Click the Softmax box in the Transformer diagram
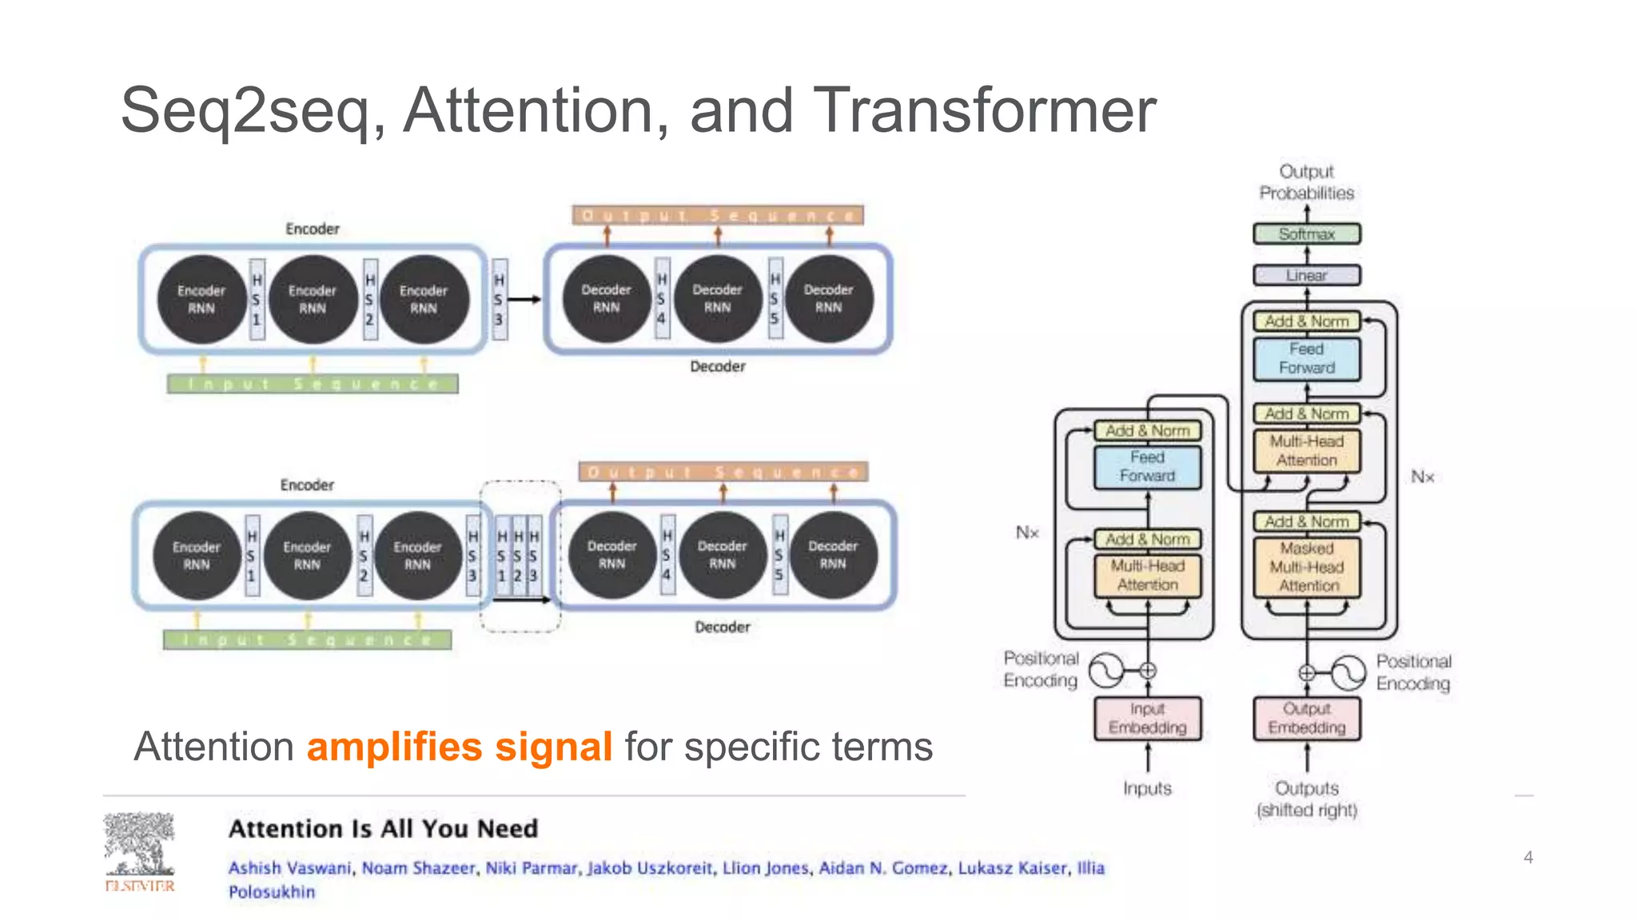pyautogui.click(x=1306, y=234)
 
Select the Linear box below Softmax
pyautogui.click(x=1306, y=275)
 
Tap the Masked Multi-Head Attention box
pyautogui.click(x=1307, y=568)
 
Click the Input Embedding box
pyautogui.click(x=1147, y=718)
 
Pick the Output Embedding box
pyautogui.click(x=1307, y=718)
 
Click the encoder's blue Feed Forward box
pyautogui.click(x=1147, y=467)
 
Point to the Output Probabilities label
pyautogui.click(x=1306, y=182)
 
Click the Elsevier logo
pyautogui.click(x=140, y=851)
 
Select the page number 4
pyautogui.click(x=1527, y=857)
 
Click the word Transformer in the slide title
pyautogui.click(x=983, y=110)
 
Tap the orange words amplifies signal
pyautogui.click(x=460, y=747)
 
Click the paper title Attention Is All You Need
pyautogui.click(x=383, y=828)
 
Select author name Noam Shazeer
pyautogui.click(x=418, y=868)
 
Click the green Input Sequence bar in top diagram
pyautogui.click(x=313, y=385)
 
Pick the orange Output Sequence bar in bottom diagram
pyautogui.click(x=723, y=472)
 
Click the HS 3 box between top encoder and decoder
pyautogui.click(x=499, y=299)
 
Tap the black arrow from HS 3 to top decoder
pyautogui.click(x=524, y=300)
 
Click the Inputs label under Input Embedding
pyautogui.click(x=1147, y=788)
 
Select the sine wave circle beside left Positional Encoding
pyautogui.click(x=1108, y=671)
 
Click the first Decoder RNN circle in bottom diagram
pyautogui.click(x=611, y=555)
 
